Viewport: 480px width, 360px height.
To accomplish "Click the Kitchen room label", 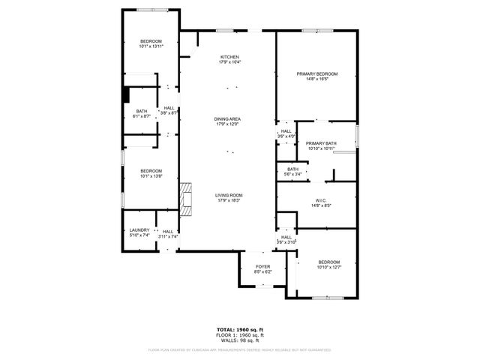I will pos(229,59).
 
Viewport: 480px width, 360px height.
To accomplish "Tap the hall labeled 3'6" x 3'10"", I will pos(286,240).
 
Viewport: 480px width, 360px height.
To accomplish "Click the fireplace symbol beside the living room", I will pos(186,197).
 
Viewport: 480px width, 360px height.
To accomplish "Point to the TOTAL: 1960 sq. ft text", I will pos(239,328).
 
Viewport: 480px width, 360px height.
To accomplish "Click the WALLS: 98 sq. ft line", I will pos(239,340).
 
